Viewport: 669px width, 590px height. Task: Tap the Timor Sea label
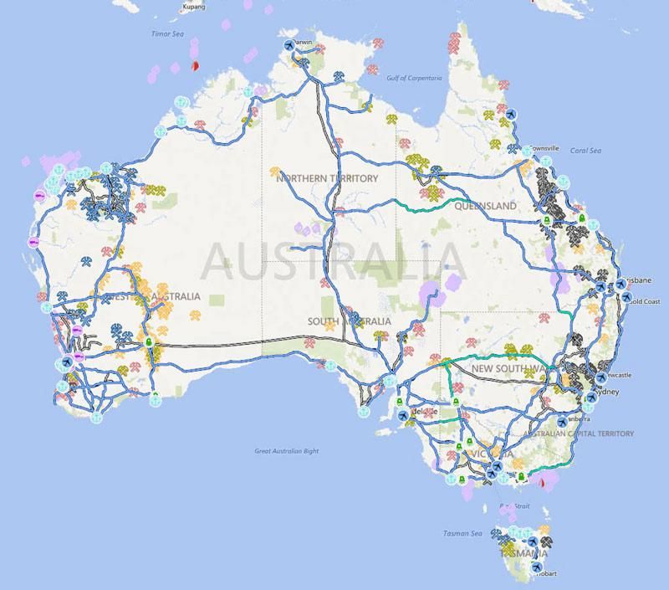coord(166,34)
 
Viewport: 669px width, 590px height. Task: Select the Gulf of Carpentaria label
coord(413,78)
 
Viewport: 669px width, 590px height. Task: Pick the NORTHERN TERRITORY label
coord(327,178)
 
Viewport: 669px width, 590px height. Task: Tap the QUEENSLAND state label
coord(486,205)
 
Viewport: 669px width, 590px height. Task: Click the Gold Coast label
coord(645,301)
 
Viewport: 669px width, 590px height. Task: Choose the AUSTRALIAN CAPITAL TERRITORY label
coord(579,434)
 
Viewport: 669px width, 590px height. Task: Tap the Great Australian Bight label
coord(287,451)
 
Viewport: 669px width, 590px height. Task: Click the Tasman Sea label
coord(463,533)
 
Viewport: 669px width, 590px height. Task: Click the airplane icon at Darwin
coord(290,45)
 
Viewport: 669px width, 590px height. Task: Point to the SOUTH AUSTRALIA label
coord(349,321)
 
